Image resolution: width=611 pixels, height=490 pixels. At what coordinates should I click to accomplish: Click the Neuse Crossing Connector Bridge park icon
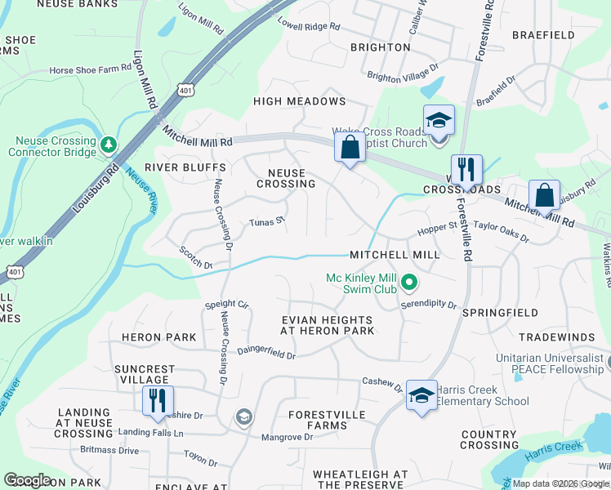click(x=108, y=145)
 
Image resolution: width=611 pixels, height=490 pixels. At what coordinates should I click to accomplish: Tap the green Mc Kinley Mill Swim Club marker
click(x=409, y=283)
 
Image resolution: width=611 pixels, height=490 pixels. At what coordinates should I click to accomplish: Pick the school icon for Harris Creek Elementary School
click(x=421, y=397)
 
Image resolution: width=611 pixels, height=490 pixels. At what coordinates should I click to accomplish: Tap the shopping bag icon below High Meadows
click(x=350, y=149)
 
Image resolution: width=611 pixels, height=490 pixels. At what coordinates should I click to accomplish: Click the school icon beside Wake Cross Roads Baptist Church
click(x=439, y=120)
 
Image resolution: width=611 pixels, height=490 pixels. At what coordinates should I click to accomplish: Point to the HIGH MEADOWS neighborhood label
click(x=300, y=101)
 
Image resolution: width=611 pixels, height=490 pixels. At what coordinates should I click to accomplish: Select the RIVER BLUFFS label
click(x=172, y=167)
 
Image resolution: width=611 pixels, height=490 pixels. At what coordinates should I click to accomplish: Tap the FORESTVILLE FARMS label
click(x=327, y=420)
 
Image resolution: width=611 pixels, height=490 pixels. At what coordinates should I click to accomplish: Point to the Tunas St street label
click(x=266, y=220)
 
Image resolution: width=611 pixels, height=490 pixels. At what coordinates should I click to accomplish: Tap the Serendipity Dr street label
click(x=428, y=304)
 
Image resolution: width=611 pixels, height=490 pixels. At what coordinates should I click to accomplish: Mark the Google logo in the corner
click(x=27, y=480)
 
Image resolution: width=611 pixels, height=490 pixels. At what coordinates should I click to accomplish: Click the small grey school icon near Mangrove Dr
click(x=243, y=417)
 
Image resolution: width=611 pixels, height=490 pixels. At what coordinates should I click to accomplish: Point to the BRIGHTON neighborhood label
click(x=380, y=47)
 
